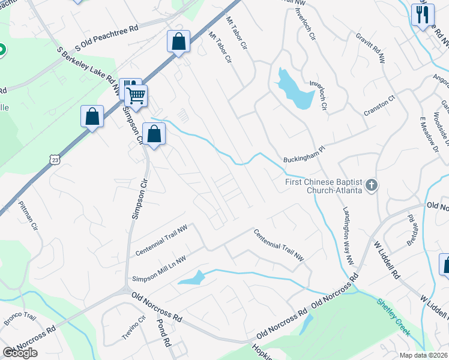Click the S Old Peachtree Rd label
point(107,37)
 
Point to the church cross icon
point(372,185)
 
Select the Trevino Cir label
point(134,328)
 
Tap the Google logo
point(20,353)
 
